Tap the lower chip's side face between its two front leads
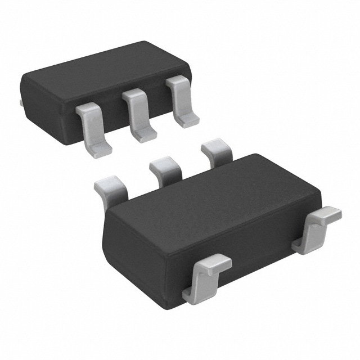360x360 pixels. click(x=259, y=253)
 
